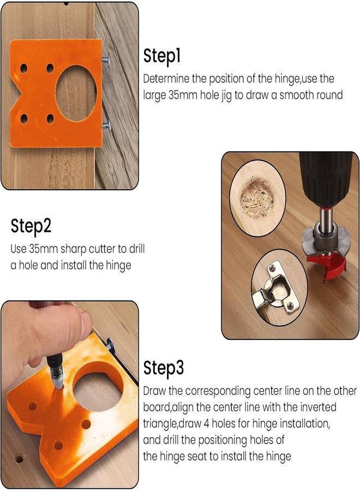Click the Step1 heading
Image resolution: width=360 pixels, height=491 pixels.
click(162, 56)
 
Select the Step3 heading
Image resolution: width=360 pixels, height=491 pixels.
click(164, 369)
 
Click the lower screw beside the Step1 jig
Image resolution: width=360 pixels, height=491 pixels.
click(107, 125)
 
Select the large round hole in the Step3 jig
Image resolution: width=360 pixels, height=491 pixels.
click(99, 385)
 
